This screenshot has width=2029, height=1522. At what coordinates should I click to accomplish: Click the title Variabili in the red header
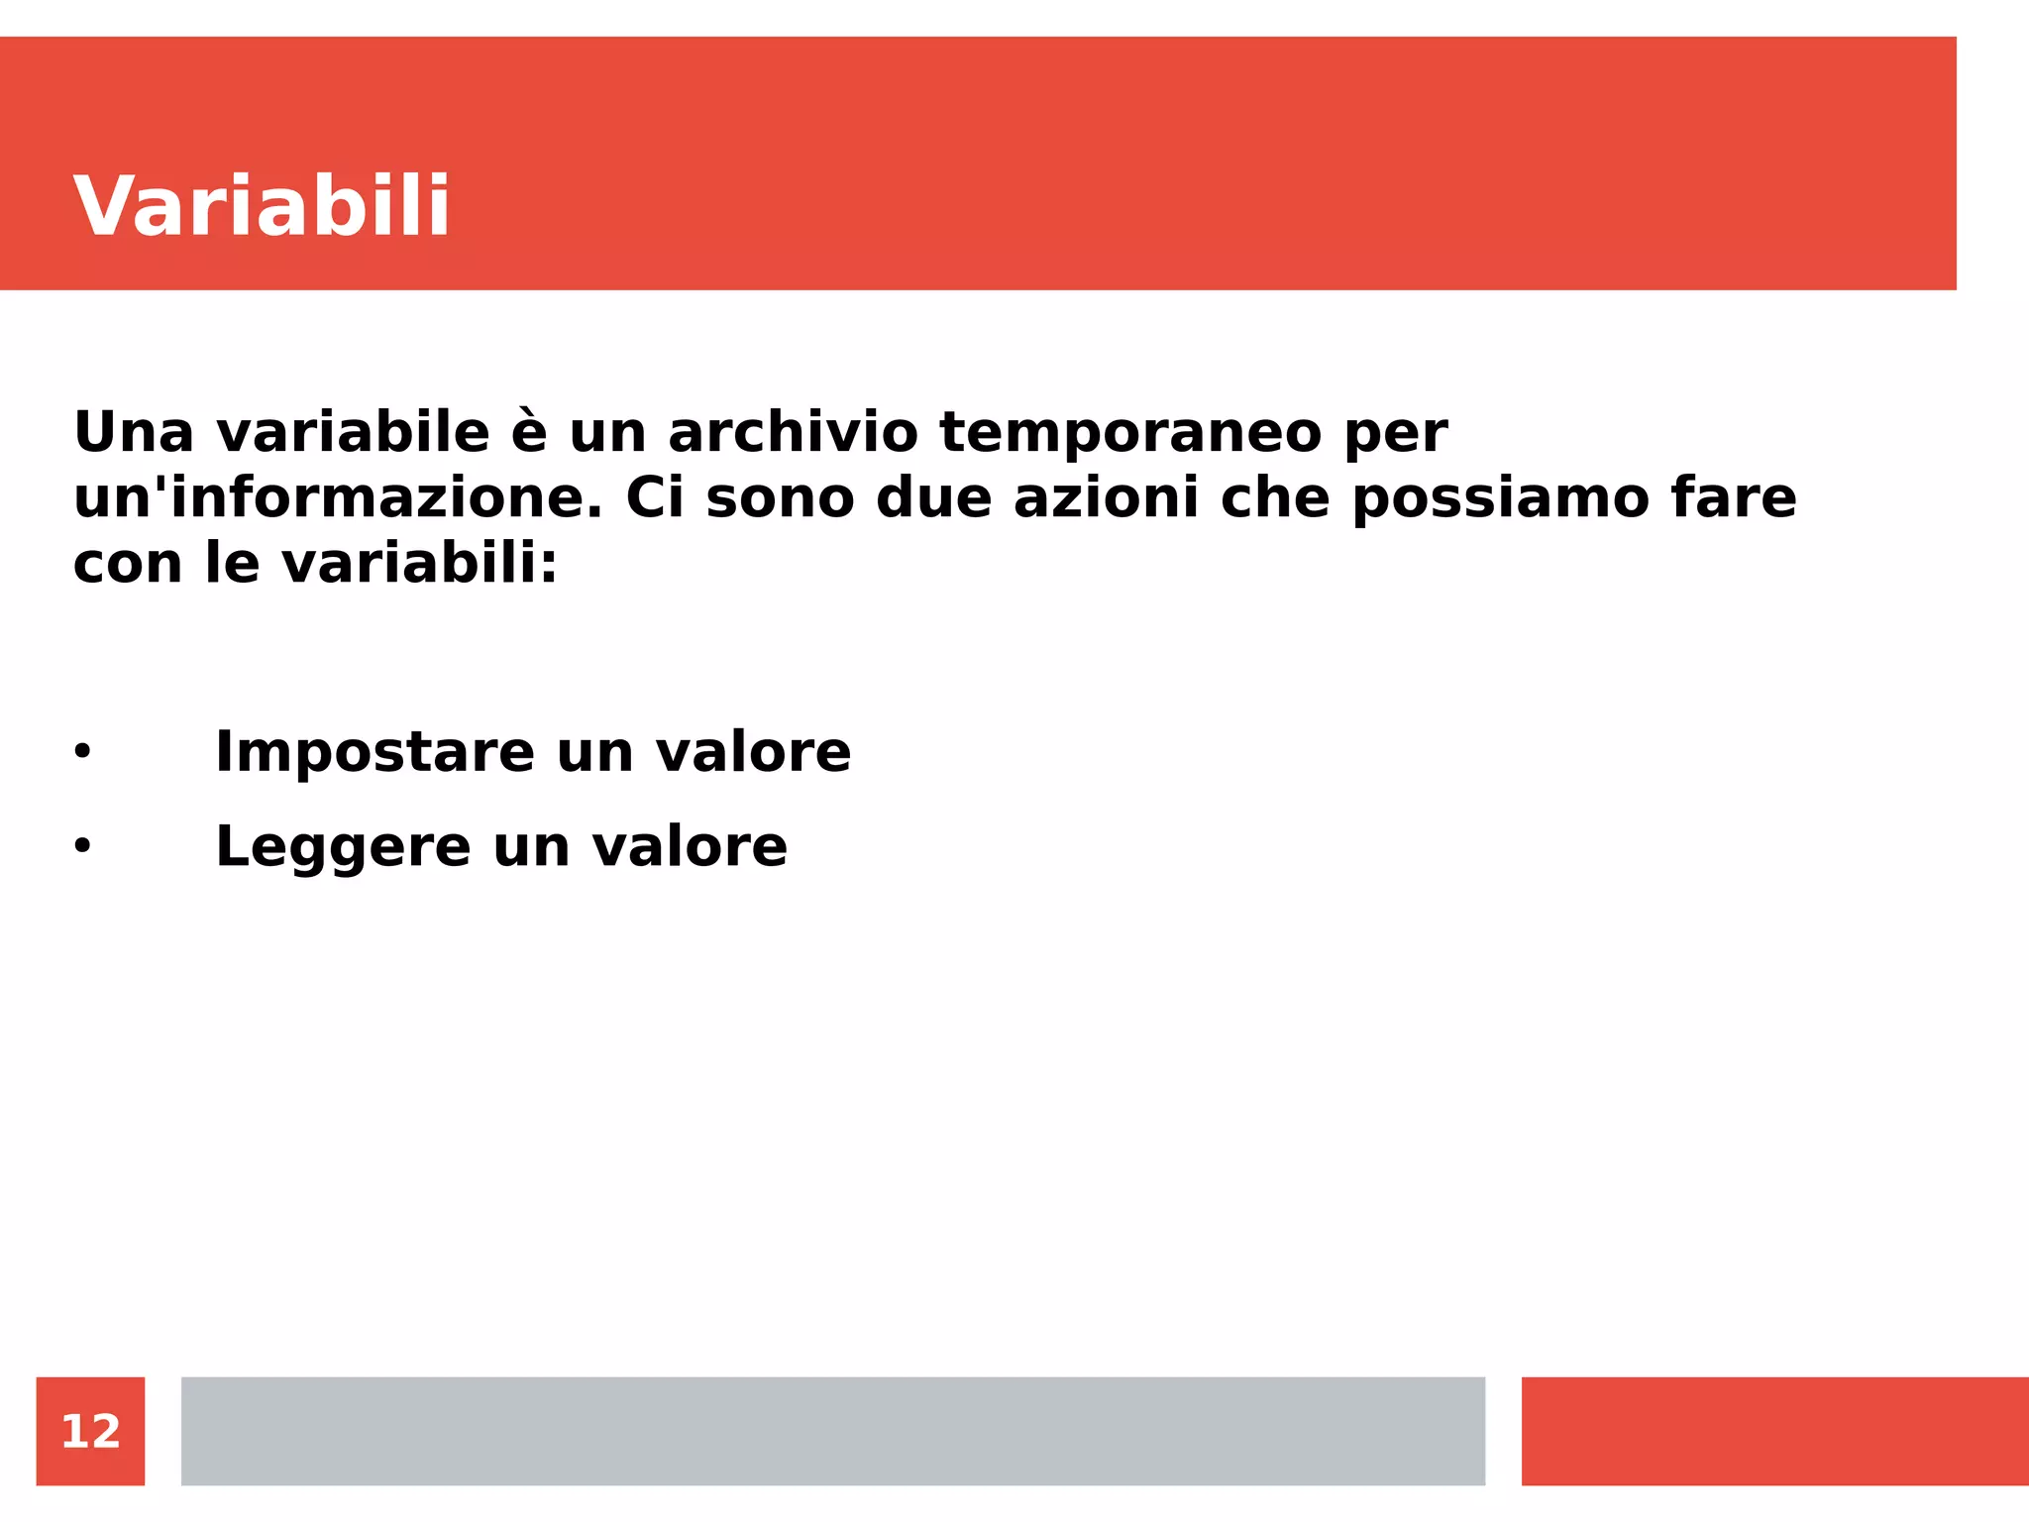coord(262,206)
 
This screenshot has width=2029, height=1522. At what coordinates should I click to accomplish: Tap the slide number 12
coord(90,1431)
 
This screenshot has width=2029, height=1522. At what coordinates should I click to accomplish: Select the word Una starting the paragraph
coord(134,433)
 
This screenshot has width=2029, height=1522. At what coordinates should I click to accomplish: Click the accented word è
coord(529,433)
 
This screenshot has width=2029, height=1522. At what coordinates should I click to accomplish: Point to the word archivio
coord(793,433)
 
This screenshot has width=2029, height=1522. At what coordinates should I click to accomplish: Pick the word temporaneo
coord(1130,433)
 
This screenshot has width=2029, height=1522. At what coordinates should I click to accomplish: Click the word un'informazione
coord(338,497)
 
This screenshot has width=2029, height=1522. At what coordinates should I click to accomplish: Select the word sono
coord(780,497)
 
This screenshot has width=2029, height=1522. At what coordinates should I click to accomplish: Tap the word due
coord(933,497)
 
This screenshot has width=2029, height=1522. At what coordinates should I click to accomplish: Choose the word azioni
coord(1106,497)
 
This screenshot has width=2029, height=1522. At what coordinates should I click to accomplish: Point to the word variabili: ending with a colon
coord(420,564)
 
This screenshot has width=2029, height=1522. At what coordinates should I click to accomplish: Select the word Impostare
coord(375,753)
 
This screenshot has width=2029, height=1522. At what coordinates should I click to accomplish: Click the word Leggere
coord(343,849)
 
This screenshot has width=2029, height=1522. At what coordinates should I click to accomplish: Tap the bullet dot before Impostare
coord(82,752)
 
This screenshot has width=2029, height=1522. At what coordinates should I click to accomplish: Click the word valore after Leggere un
coord(690,847)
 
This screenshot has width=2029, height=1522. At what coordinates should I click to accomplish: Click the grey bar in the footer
coord(832,1431)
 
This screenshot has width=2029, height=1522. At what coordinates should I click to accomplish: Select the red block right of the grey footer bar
coord(1774,1431)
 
